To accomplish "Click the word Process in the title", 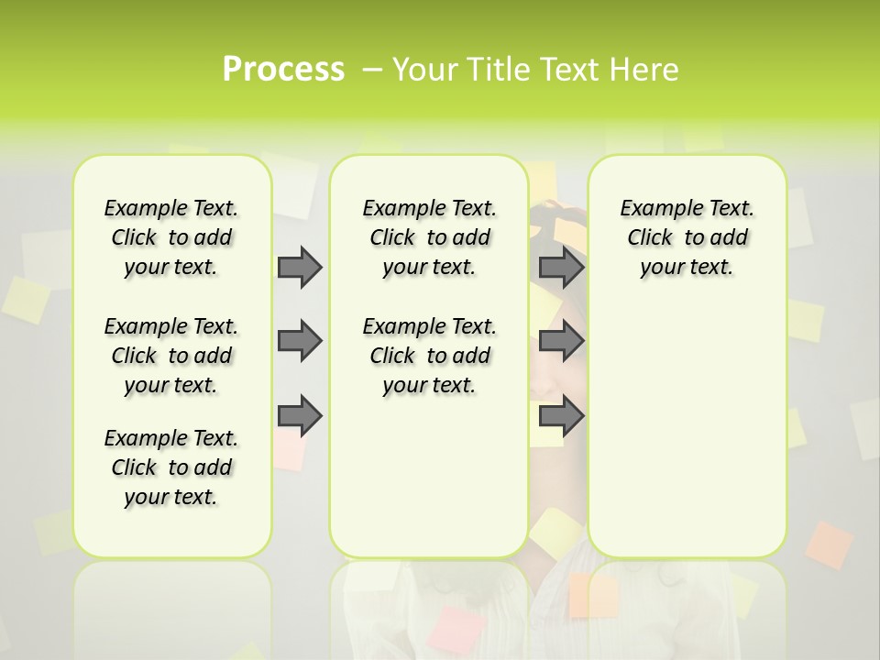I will (283, 69).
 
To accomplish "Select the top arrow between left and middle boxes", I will (300, 267).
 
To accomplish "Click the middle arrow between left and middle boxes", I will (300, 341).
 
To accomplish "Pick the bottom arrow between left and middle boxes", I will (300, 416).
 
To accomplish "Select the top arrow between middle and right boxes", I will (561, 267).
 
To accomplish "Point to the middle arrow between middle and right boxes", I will (561, 341).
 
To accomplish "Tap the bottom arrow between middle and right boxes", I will (561, 416).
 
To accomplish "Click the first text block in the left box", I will (171, 237).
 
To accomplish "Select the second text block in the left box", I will (171, 356).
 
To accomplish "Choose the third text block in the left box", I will (171, 467).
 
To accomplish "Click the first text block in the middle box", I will (430, 237).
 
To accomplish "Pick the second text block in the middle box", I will (430, 356).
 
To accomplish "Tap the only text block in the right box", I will (687, 237).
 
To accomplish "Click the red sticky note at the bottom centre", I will (458, 629).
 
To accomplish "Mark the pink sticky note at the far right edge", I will (830, 544).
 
